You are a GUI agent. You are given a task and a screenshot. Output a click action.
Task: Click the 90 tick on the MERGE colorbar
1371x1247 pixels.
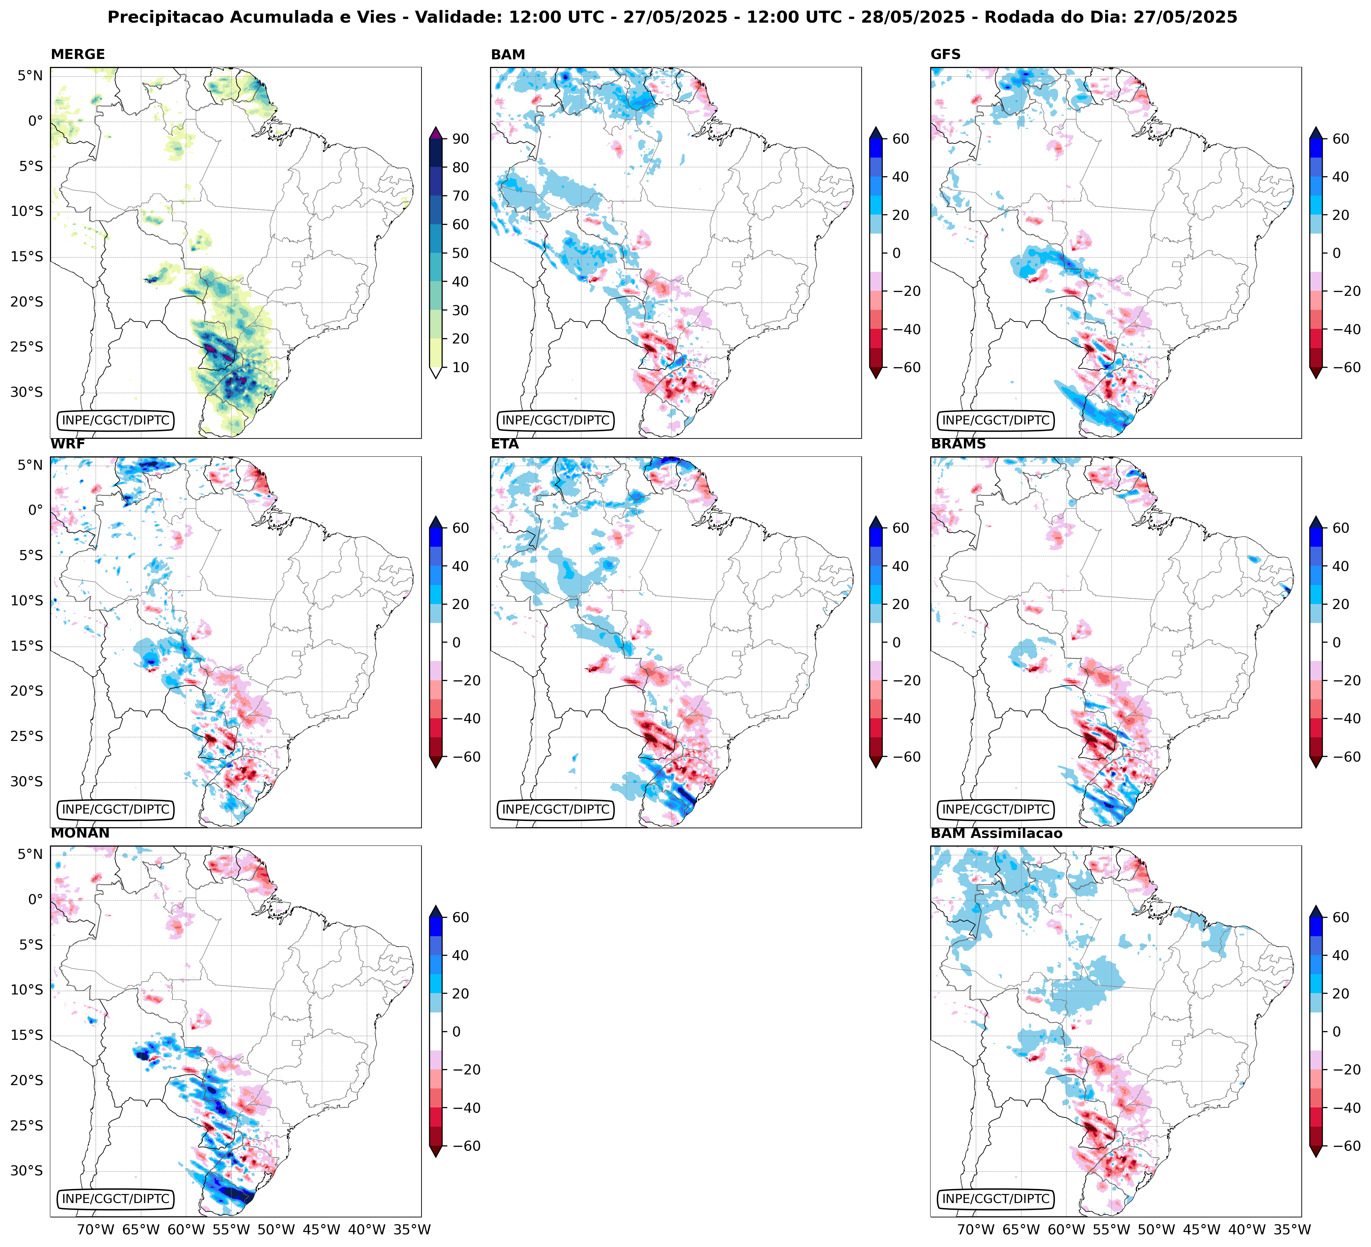pyautogui.click(x=460, y=139)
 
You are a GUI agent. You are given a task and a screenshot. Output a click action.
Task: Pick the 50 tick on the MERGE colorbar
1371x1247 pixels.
pyautogui.click(x=460, y=253)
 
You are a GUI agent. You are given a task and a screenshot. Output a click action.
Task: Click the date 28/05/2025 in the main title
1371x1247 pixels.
pyautogui.click(x=913, y=17)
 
